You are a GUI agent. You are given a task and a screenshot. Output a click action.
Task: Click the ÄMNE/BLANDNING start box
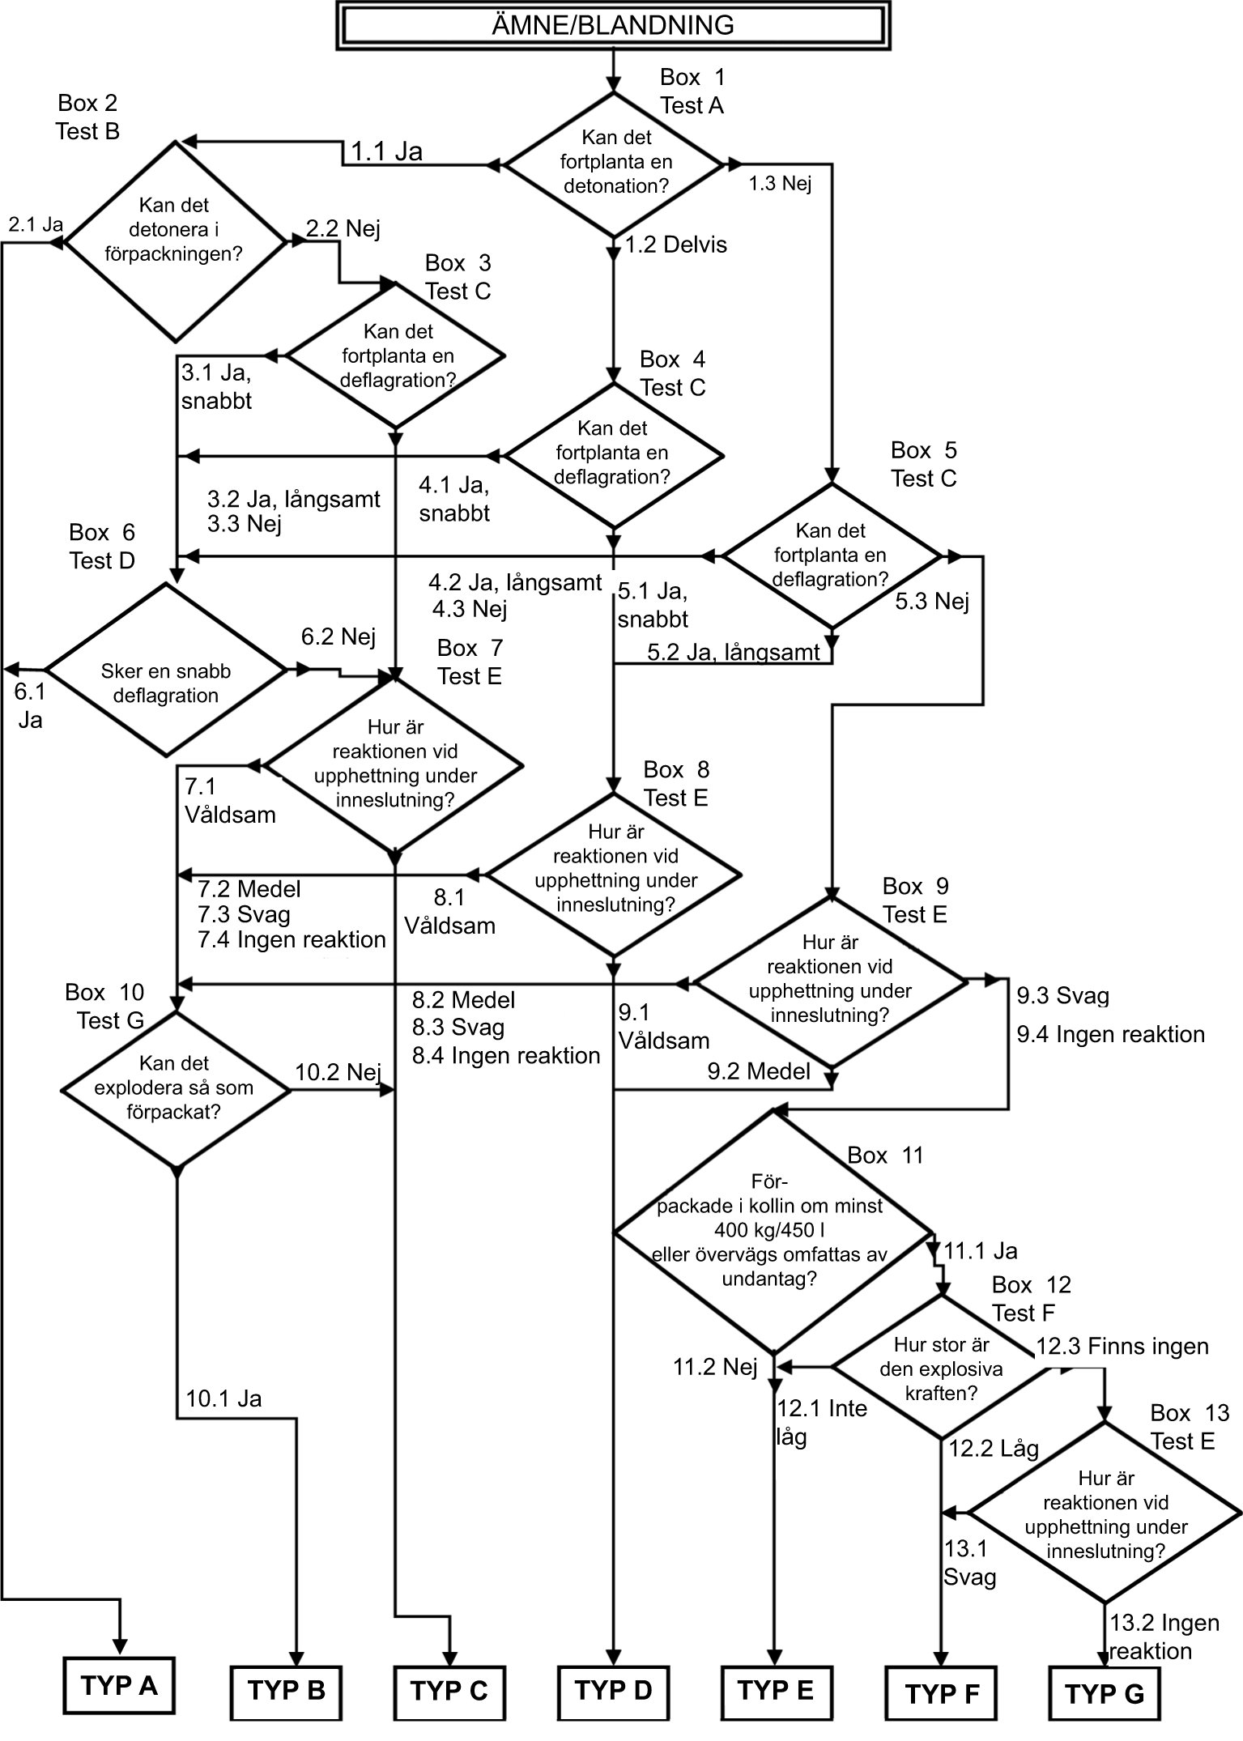click(x=613, y=25)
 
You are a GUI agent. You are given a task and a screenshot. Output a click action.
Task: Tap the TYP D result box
click(x=613, y=1690)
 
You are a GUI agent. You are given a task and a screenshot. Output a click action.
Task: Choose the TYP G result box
click(x=1105, y=1693)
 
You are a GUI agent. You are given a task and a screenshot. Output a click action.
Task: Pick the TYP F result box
click(x=942, y=1693)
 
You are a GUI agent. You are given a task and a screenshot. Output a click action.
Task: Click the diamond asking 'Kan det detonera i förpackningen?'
click(x=174, y=241)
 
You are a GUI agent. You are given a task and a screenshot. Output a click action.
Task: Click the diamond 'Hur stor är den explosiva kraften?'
click(x=941, y=1369)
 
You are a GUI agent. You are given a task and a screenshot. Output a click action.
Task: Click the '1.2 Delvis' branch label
click(x=676, y=245)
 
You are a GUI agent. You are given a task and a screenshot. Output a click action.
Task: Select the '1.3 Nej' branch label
click(x=780, y=184)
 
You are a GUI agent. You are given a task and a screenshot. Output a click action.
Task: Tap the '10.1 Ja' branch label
click(x=224, y=1398)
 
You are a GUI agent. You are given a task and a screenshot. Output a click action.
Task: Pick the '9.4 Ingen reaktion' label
click(x=1111, y=1034)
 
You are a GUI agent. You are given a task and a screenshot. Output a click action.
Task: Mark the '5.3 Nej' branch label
click(x=932, y=601)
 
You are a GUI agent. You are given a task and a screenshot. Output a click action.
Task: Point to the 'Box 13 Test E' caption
click(x=1189, y=1427)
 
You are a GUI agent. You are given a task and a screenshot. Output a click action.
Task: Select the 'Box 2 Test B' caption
click(x=87, y=117)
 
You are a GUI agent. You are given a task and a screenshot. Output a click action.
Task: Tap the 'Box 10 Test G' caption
click(x=107, y=1006)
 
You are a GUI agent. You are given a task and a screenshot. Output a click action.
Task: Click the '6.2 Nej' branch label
click(x=338, y=636)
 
